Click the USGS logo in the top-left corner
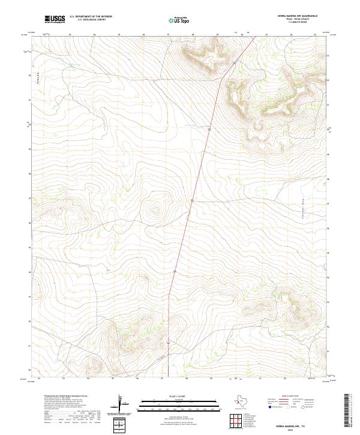[55, 19]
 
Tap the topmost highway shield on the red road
[234, 62]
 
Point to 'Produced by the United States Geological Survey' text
[62, 397]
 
